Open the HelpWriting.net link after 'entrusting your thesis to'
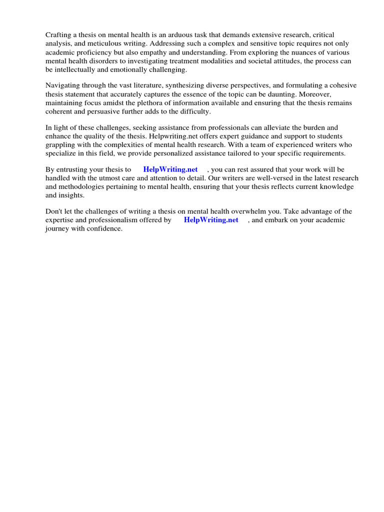point(170,169)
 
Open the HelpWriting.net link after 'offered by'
point(211,220)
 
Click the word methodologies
point(76,187)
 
